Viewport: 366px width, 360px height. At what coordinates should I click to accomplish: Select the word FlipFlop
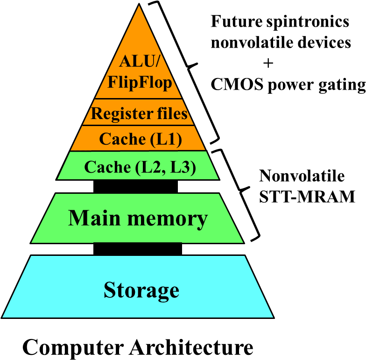click(140, 82)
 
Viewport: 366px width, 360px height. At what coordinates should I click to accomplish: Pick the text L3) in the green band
click(183, 167)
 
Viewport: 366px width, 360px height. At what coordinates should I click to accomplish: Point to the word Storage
click(141, 290)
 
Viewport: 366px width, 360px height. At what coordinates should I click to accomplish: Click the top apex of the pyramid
click(139, 6)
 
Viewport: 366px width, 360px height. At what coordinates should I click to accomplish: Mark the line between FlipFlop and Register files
click(138, 99)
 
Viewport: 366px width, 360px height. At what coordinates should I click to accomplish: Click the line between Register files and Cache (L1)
click(138, 125)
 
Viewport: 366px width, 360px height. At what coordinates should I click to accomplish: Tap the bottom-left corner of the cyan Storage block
click(3, 317)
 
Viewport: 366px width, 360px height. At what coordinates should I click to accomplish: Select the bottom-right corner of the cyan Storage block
click(272, 317)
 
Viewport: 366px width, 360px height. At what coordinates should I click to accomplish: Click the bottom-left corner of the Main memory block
click(32, 242)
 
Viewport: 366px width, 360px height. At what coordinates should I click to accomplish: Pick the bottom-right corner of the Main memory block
click(242, 242)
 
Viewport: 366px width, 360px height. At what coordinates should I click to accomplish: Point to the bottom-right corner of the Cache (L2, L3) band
click(218, 178)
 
